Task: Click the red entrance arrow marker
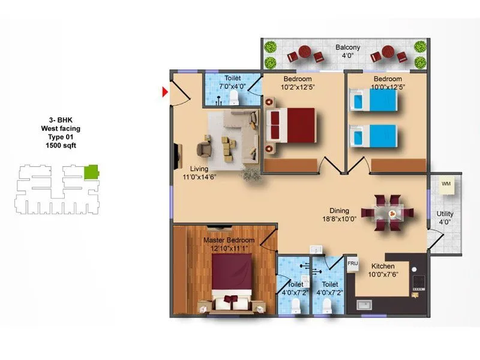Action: click(166, 92)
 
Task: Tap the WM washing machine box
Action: click(446, 184)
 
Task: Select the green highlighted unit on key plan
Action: click(91, 172)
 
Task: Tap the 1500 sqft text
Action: click(61, 145)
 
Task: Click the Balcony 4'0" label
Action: click(347, 52)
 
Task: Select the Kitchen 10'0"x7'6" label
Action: click(382, 270)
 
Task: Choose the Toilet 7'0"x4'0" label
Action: click(233, 83)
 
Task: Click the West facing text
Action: click(61, 128)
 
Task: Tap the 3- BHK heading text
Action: click(61, 119)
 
